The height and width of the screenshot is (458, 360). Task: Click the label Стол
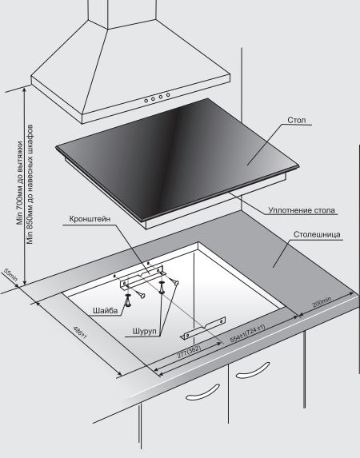(297, 120)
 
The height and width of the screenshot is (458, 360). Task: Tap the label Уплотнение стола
(302, 210)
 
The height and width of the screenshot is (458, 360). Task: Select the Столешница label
(317, 234)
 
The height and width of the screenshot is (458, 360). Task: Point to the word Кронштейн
(90, 219)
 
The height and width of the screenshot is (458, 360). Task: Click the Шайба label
(106, 310)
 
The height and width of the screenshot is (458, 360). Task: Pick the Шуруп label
(145, 331)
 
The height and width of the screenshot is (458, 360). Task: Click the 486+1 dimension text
(80, 333)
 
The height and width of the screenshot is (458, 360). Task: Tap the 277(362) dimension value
(190, 352)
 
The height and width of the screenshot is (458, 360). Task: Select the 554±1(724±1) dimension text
(248, 333)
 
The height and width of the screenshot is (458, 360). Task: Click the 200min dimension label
(322, 302)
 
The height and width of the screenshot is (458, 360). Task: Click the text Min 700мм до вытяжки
(20, 183)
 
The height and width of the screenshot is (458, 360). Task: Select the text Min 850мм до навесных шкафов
(30, 185)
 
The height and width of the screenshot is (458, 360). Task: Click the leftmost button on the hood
(146, 101)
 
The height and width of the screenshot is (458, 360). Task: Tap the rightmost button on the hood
(168, 95)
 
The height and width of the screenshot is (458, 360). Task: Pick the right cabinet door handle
(253, 371)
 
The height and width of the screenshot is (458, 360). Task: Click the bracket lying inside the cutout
(203, 329)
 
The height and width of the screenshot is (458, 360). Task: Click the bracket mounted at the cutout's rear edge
(142, 277)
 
